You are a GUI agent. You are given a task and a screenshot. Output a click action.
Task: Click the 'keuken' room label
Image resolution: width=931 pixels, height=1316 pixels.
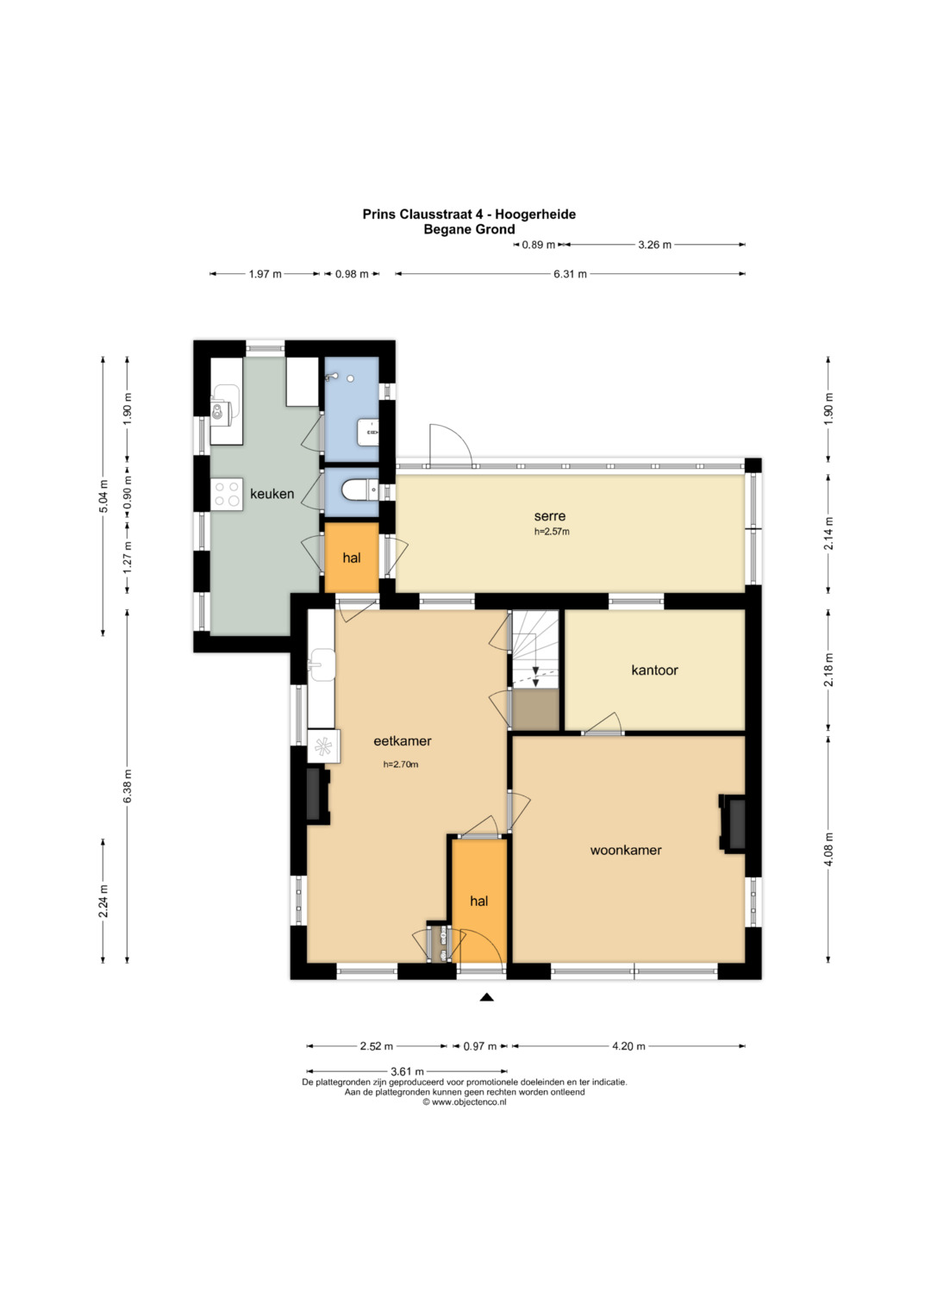tap(272, 494)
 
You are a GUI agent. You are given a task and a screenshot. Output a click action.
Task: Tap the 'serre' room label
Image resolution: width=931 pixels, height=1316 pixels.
tap(550, 516)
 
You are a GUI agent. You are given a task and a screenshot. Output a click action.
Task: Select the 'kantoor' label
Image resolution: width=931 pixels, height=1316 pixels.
tap(654, 670)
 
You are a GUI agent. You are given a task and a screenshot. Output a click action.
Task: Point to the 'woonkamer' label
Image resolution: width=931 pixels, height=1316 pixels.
tap(625, 850)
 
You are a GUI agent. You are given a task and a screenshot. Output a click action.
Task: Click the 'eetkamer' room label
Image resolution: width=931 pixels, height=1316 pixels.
tap(402, 741)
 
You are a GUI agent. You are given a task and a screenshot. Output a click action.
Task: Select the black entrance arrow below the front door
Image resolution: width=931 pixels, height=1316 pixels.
tap(486, 996)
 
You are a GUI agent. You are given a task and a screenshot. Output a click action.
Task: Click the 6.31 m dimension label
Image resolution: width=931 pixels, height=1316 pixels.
tap(570, 274)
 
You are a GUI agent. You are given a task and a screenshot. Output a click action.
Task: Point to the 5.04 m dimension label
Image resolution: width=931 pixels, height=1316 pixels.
tap(103, 496)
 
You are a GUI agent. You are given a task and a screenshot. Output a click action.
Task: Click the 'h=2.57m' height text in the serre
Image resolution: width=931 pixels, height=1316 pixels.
tap(552, 532)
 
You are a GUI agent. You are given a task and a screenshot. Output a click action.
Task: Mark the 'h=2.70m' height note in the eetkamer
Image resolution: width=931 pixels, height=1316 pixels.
tap(401, 764)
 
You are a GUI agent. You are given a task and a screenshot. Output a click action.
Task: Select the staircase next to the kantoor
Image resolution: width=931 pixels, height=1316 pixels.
tap(534, 649)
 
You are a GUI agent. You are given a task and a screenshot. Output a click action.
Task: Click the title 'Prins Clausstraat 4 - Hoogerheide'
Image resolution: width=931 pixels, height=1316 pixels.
tap(469, 215)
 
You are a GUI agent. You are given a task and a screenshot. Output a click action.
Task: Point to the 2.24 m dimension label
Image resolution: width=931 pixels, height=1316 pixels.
tap(103, 901)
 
